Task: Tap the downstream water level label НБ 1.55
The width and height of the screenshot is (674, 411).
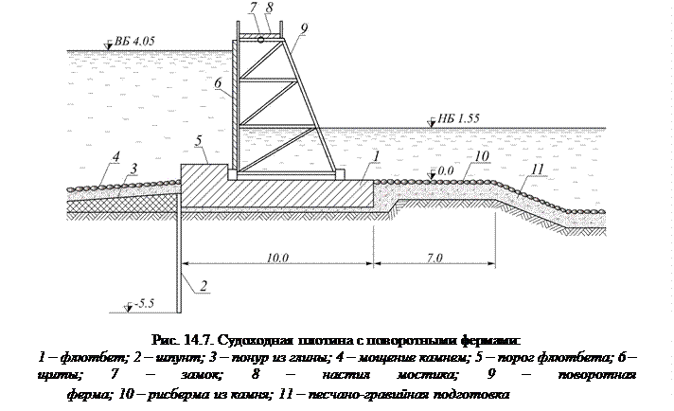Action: (459, 119)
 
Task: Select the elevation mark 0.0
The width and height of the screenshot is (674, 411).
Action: (442, 171)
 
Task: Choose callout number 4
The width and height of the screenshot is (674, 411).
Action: (115, 155)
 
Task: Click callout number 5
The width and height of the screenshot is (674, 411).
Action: (198, 141)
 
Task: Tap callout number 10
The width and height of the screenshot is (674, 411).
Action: (481, 155)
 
